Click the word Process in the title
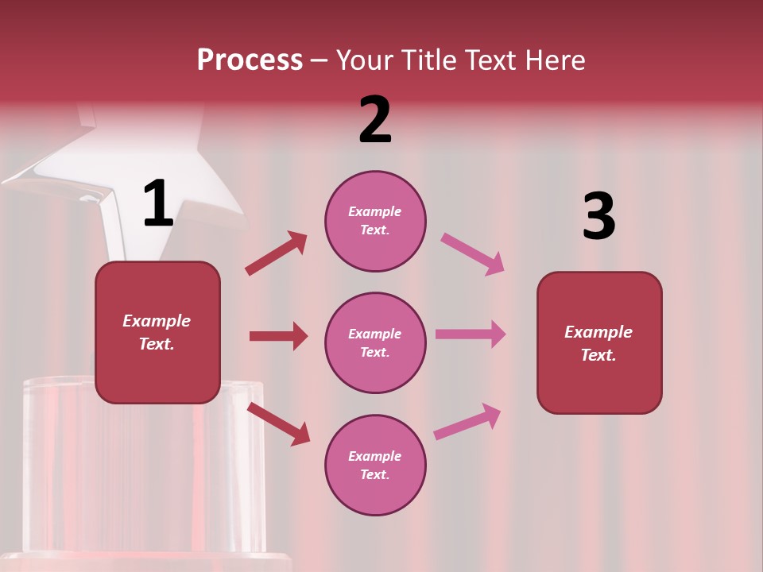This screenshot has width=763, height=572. tap(250, 60)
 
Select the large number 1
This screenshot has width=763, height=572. tap(158, 204)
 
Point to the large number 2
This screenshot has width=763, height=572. tap(375, 120)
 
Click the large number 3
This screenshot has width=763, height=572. tap(598, 217)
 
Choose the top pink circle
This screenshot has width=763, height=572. tap(375, 221)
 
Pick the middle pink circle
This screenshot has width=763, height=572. tap(375, 342)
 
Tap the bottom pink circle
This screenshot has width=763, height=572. tap(375, 465)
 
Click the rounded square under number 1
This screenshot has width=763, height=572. tap(157, 332)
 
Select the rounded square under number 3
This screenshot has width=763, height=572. tap(599, 342)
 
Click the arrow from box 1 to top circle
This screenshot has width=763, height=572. tap(276, 253)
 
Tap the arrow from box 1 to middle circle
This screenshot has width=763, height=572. tap(278, 336)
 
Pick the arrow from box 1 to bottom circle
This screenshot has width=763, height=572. tap(278, 423)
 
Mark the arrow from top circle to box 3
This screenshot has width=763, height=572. tap(472, 254)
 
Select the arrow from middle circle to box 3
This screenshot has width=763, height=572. tap(471, 334)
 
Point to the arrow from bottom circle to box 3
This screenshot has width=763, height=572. tap(467, 422)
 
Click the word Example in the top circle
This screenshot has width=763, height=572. tap(375, 211)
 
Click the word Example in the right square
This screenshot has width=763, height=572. tap(598, 332)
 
